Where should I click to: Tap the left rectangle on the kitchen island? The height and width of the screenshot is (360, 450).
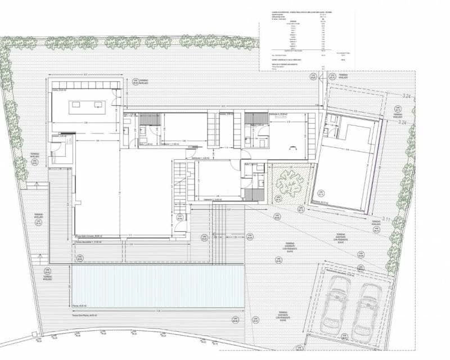(75, 105)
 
